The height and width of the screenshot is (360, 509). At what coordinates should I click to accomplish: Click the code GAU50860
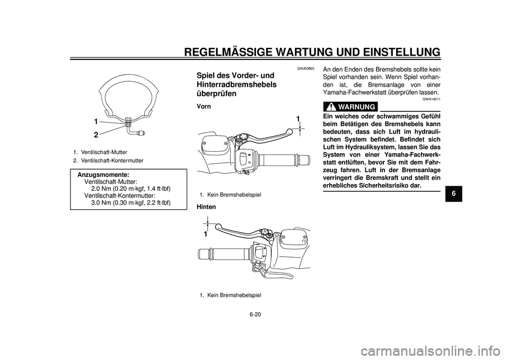(x=305, y=68)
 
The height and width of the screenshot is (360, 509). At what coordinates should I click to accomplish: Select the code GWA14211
(x=431, y=99)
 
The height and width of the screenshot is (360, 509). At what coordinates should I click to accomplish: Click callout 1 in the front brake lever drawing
(x=298, y=118)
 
